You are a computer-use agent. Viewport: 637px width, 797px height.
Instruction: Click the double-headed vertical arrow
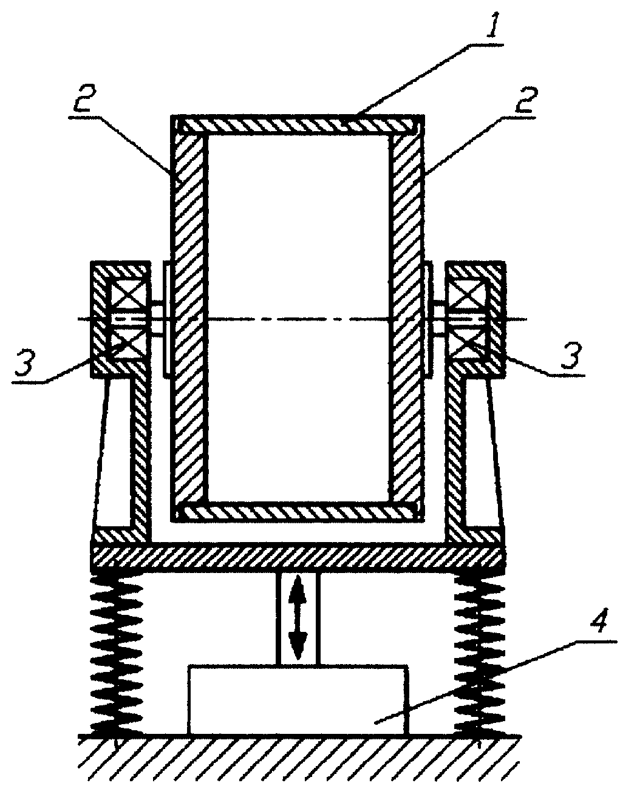pyautogui.click(x=298, y=617)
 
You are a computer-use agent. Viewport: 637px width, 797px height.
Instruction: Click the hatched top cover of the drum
pyautogui.click(x=297, y=125)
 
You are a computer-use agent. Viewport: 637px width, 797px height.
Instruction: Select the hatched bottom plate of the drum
pyautogui.click(x=297, y=512)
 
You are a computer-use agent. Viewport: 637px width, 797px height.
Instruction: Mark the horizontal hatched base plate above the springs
pyautogui.click(x=298, y=557)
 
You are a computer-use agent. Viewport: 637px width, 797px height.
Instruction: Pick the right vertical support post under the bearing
pyautogui.click(x=456, y=455)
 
